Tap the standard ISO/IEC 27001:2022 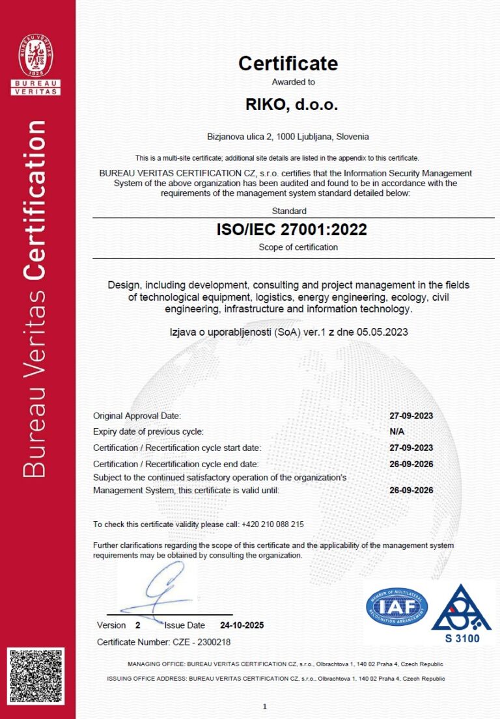coord(291,229)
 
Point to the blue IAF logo coord(396,606)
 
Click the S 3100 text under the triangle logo coord(462,638)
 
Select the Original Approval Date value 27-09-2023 coord(411,416)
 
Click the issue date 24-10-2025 coord(242,625)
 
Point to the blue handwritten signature coord(160,589)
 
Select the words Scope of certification coord(298,247)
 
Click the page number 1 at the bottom coord(265,706)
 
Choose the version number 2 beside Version coord(137,625)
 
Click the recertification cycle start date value coord(411,448)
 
